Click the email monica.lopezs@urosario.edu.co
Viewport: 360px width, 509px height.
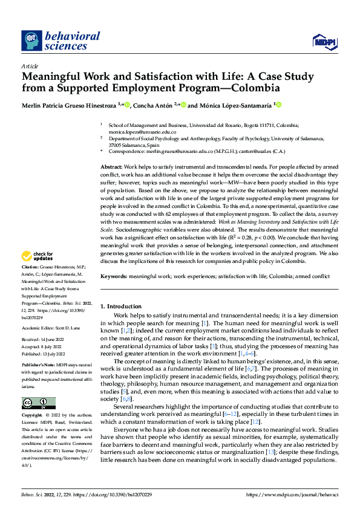142,131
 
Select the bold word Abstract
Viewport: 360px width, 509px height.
112,166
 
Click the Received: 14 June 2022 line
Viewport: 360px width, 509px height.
45,340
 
